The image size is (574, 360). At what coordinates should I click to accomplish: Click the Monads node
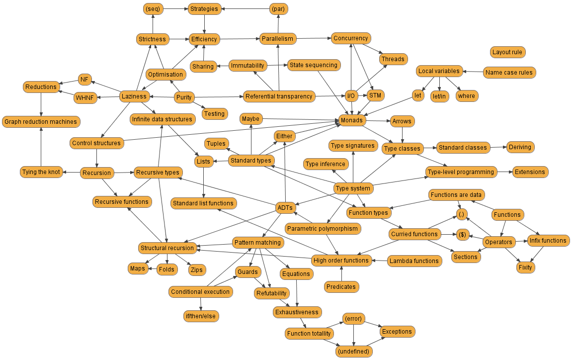coord(352,120)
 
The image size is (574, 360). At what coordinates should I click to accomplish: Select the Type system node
coord(352,188)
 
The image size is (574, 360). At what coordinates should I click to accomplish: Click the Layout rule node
coord(507,52)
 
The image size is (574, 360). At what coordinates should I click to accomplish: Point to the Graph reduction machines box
coord(41,121)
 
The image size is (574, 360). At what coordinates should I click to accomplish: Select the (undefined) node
coord(353,352)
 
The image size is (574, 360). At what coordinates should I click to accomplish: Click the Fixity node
coord(525,267)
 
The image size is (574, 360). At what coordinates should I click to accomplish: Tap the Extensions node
coord(529,172)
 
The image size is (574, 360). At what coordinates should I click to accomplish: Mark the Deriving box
coord(520,147)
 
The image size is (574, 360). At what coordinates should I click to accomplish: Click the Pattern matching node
coord(257,243)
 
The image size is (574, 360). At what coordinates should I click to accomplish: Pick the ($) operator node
coord(462,235)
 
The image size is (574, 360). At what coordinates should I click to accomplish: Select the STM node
coord(375,95)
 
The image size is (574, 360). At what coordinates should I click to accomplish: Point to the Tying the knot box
coord(41,172)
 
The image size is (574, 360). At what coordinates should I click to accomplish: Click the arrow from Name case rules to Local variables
coord(473,72)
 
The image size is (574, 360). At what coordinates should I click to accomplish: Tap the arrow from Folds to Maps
coord(153,269)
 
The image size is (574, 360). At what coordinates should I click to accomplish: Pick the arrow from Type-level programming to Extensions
coord(504,172)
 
